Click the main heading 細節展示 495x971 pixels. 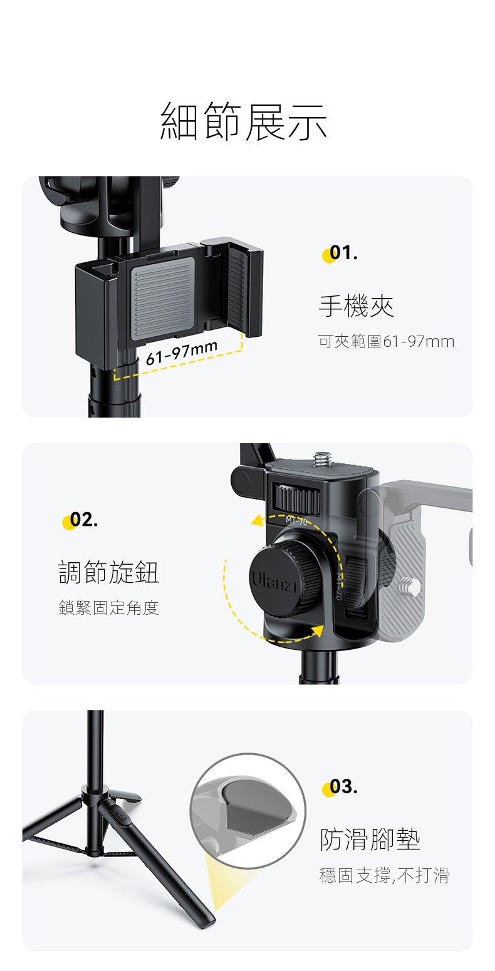click(x=244, y=122)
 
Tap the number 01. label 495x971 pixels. click(x=341, y=253)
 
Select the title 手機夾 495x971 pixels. click(x=356, y=306)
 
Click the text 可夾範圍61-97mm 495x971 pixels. click(x=386, y=342)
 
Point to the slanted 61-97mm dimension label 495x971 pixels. click(x=181, y=352)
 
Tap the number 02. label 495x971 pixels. click(x=81, y=520)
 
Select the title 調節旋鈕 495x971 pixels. click(x=109, y=572)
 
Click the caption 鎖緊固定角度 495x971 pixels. click(x=109, y=608)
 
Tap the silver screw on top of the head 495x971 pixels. click(x=321, y=460)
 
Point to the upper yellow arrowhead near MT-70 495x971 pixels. click(x=259, y=521)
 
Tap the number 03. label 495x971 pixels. click(x=341, y=787)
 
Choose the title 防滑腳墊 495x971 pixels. click(x=370, y=840)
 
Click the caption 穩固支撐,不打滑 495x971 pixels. click(x=384, y=875)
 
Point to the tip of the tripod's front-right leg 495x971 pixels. click(x=211, y=925)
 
